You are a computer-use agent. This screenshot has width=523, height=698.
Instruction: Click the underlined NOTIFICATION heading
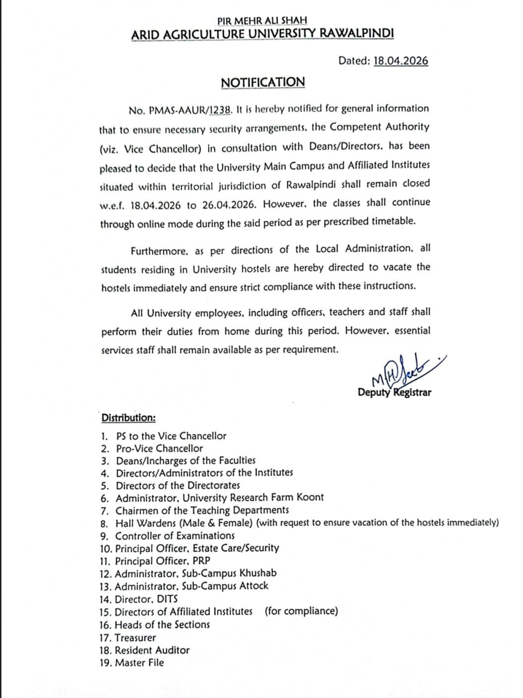262,82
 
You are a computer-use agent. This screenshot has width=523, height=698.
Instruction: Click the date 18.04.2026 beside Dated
400,61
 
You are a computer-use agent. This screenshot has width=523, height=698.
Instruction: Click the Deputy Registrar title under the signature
394,393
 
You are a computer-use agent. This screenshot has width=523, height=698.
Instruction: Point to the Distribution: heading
129,418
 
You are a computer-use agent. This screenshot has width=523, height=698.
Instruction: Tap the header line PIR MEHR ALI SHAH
262,21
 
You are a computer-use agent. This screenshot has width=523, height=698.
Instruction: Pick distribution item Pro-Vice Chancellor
159,448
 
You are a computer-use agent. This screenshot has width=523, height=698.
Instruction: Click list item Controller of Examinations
175,536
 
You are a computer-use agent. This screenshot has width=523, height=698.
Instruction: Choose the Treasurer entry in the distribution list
135,638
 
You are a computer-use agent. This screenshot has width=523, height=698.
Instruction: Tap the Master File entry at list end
139,663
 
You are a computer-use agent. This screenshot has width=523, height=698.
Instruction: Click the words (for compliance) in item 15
301,611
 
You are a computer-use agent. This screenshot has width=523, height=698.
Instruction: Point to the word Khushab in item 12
258,573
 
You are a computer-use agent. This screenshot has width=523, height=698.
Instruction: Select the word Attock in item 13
254,586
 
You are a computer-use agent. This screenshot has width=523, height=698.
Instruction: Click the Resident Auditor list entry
152,650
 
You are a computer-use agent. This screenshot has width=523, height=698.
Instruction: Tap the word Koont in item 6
310,497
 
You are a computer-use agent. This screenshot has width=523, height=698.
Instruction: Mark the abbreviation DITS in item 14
167,599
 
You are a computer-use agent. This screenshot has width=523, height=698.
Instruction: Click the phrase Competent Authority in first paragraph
380,127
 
